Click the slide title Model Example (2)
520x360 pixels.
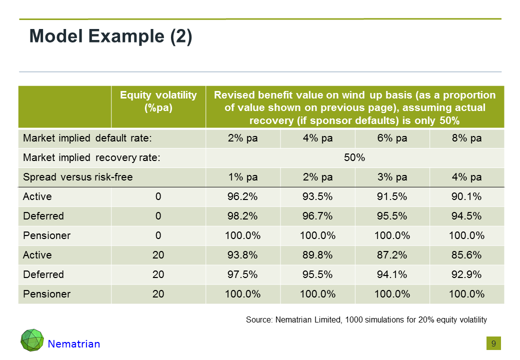point(110,37)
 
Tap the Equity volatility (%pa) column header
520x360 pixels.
point(158,101)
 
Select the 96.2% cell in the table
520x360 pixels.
point(242,196)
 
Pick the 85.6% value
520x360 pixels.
point(466,255)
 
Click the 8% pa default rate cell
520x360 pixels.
point(466,138)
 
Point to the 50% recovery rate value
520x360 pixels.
point(354,157)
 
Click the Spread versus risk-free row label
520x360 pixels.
point(78,177)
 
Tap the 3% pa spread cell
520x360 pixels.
point(392,177)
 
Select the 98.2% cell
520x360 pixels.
point(242,216)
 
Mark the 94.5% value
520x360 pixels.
point(466,216)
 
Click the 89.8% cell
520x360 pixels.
point(317,255)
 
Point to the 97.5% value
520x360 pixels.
point(242,274)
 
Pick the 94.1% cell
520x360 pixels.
point(392,274)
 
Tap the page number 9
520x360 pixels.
point(493,343)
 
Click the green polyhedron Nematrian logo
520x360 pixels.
point(32,340)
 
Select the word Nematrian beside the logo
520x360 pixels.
point(74,344)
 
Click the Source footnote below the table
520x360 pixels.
point(366,319)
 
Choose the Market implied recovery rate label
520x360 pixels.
point(91,157)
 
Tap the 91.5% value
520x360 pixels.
point(392,196)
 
